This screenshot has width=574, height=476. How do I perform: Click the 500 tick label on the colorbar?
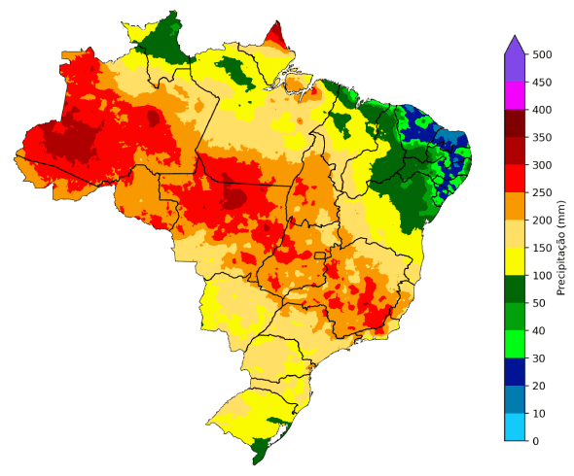pos(542,54)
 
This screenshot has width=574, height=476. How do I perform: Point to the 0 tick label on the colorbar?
pos(534,441)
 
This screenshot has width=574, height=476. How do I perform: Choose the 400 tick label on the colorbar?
pos(542,110)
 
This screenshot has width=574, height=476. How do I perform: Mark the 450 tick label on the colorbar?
pos(542,83)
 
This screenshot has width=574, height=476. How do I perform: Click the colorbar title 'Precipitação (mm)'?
pos(561,247)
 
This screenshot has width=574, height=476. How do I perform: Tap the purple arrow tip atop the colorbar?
pos(515,43)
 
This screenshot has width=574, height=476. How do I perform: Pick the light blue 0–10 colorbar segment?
pos(515,427)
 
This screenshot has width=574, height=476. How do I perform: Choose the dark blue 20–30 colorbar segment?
pos(515,372)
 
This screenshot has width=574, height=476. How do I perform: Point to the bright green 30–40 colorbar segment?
pos(515,344)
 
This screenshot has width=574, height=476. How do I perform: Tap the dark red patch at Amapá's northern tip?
pos(276,36)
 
